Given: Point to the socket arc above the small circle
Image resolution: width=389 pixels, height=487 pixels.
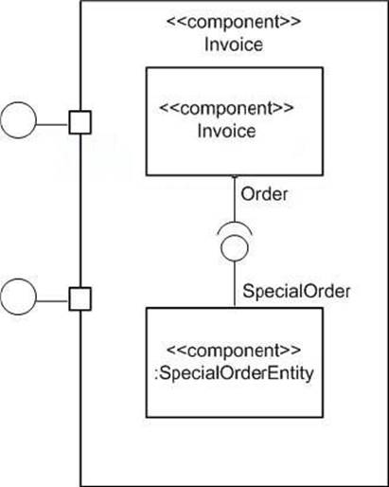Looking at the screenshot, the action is click(x=235, y=223).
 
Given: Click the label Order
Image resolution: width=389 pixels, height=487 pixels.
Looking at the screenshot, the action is click(x=264, y=194).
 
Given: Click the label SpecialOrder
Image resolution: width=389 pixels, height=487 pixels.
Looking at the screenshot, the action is click(x=296, y=291).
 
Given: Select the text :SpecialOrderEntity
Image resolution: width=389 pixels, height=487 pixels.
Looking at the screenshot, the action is click(x=234, y=373).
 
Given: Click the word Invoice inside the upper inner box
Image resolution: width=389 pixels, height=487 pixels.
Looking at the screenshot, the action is click(x=226, y=131).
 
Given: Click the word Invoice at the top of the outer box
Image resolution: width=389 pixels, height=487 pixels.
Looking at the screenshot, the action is click(x=234, y=45).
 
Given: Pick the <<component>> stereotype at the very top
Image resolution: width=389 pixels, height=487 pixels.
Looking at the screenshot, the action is click(x=234, y=22).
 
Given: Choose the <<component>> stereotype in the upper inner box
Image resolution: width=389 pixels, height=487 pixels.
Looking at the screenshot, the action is click(x=226, y=108).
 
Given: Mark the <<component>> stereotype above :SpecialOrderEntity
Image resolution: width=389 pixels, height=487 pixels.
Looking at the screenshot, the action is click(x=234, y=351).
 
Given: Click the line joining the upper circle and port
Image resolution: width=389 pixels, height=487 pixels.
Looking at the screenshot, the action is click(x=53, y=124).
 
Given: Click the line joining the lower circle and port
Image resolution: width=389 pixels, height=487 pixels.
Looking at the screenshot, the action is click(x=53, y=301).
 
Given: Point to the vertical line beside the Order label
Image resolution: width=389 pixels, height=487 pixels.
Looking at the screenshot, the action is click(x=235, y=199).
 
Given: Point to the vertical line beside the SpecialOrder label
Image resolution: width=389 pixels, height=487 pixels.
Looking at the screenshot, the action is click(x=235, y=284).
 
